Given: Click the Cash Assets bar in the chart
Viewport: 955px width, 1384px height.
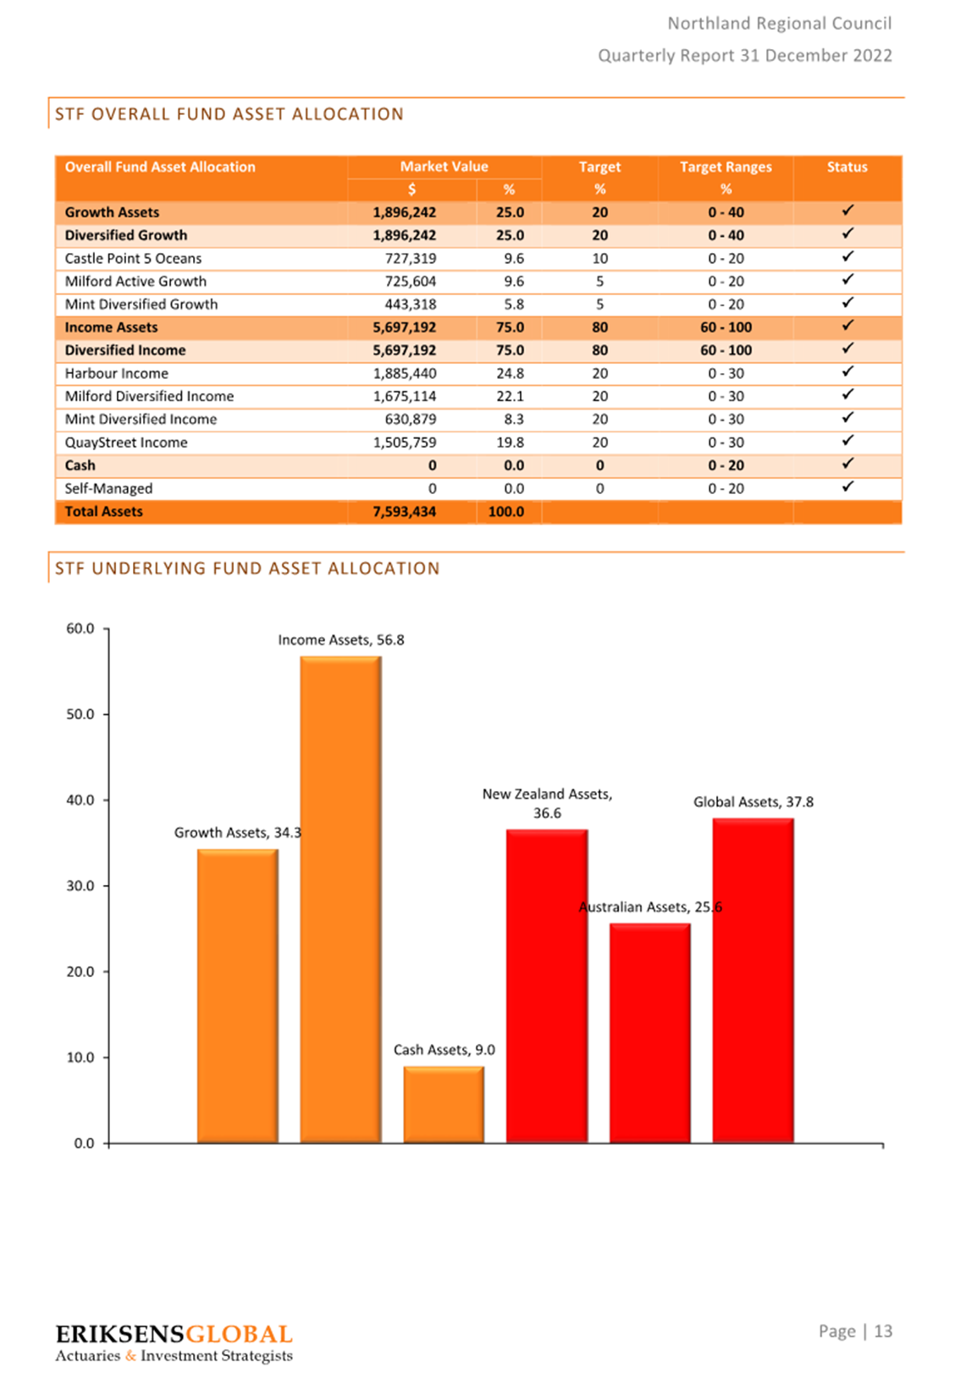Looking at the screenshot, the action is tap(444, 1104).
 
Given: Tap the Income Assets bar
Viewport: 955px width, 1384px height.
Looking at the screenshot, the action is tap(340, 899).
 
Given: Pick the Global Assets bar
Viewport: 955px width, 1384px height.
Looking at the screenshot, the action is tap(753, 980).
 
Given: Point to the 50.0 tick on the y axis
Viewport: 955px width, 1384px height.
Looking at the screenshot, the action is tap(107, 714).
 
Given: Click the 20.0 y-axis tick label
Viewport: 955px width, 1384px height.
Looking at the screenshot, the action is tap(80, 972).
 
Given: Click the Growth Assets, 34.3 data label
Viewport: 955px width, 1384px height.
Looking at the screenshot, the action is tap(238, 833).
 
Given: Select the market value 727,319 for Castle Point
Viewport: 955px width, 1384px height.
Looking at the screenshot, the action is tap(411, 258).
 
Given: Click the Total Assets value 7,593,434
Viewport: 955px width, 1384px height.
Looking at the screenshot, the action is tap(405, 512).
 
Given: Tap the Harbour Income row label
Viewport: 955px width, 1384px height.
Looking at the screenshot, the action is tap(116, 373).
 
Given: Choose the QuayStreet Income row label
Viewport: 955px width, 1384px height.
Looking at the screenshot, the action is tap(126, 442).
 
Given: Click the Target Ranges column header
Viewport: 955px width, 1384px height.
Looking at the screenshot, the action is tap(726, 167).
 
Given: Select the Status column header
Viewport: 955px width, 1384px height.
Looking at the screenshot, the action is tap(847, 167).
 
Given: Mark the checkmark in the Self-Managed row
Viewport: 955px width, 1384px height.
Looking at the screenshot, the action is tap(847, 486).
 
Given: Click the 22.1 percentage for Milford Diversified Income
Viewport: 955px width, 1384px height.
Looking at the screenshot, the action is tap(510, 396).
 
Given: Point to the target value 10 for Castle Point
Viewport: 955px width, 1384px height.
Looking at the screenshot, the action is tap(599, 258).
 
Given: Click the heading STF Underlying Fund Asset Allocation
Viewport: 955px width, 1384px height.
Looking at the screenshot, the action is tap(246, 568).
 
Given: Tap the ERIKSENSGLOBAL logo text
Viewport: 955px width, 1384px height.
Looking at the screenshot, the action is tap(174, 1334).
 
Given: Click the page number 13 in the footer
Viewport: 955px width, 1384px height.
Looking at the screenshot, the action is tap(883, 1331).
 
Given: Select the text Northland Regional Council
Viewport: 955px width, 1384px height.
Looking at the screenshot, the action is tap(780, 24).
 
